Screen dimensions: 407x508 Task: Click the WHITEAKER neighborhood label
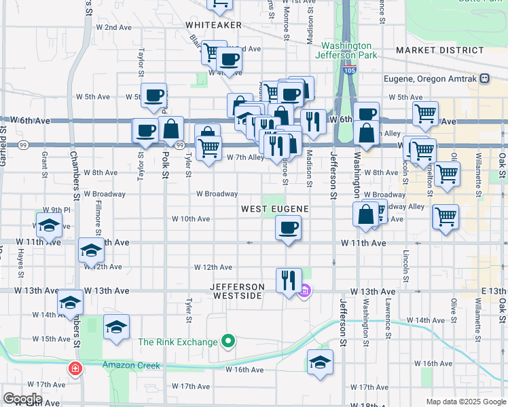click(213, 24)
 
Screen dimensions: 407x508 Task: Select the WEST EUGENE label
click(275, 209)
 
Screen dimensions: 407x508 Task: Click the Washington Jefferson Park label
click(346, 51)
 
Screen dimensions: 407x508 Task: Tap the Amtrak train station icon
click(484, 79)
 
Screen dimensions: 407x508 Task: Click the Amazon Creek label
click(132, 366)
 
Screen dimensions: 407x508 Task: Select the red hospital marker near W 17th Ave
click(75, 369)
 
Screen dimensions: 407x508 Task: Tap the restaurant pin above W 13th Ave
click(289, 279)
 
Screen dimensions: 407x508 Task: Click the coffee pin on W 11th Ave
click(289, 229)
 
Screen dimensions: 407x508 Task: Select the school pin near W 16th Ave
click(320, 363)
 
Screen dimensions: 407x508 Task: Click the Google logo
click(22, 399)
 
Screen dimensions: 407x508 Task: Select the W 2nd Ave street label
click(113, 27)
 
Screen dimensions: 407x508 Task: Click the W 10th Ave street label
click(191, 219)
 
